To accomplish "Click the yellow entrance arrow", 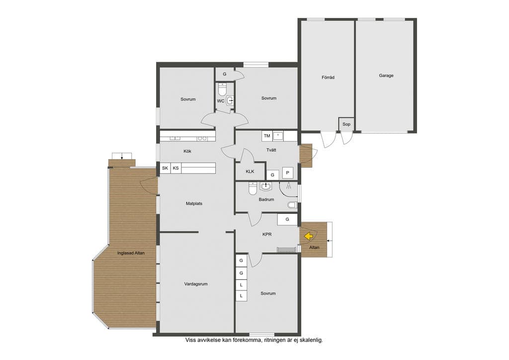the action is (x=308, y=235).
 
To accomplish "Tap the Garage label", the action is (x=386, y=76).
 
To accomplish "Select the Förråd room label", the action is (x=328, y=77).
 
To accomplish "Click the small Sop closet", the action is (x=346, y=124).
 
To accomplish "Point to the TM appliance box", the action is (x=267, y=136).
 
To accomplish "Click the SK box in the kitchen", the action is (x=165, y=168).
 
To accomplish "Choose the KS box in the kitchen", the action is (x=176, y=168).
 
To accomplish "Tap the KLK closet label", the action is (x=250, y=172).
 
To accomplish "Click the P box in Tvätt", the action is (x=288, y=173).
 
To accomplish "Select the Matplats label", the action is (x=194, y=203).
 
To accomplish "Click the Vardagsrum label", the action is (x=196, y=284).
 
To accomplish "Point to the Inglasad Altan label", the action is (x=131, y=253).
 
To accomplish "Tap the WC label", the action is (x=221, y=101).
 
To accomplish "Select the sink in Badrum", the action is (x=266, y=186).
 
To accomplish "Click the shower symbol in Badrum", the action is (x=288, y=185).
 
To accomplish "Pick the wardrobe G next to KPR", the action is (x=287, y=219).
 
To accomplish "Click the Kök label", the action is (x=187, y=151).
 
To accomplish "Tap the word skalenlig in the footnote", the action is (x=311, y=340).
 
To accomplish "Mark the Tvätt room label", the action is (x=271, y=150).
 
